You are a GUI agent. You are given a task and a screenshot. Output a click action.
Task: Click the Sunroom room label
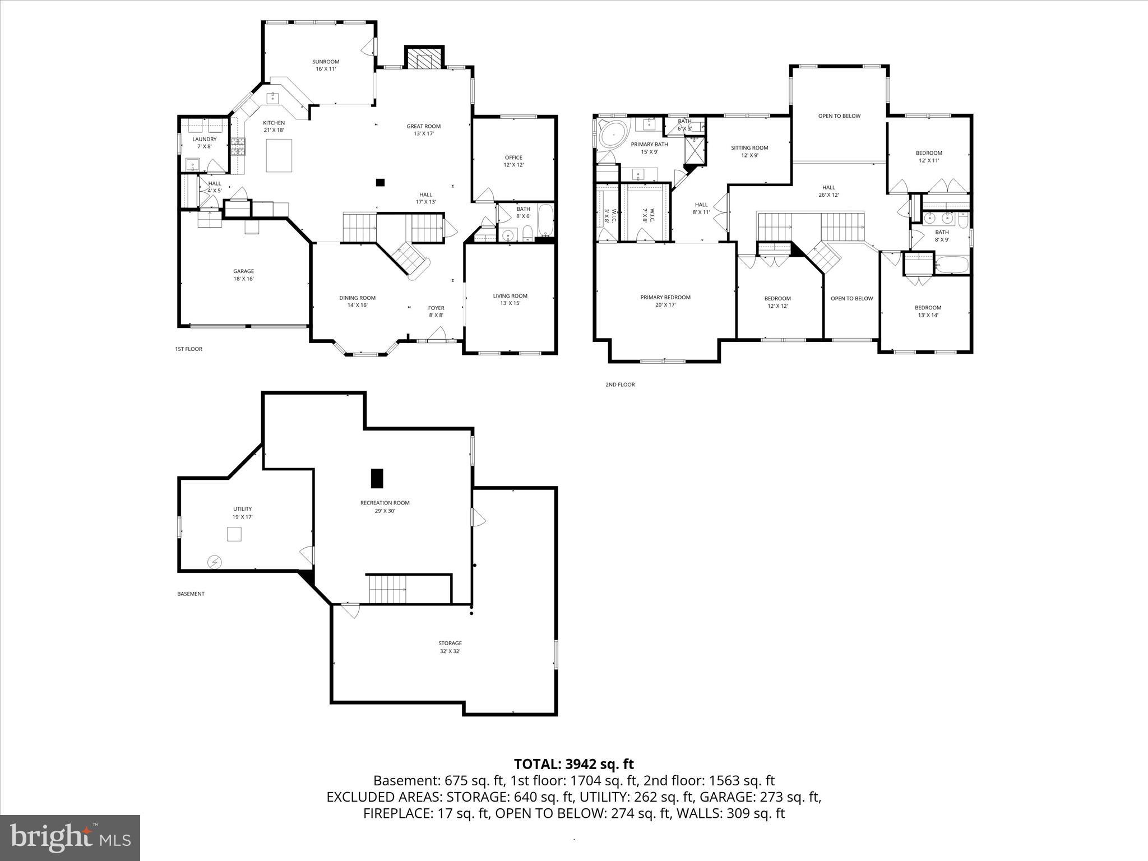[326, 62]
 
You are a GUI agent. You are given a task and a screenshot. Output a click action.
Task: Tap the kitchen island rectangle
[279, 155]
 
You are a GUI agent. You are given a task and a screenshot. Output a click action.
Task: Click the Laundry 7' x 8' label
[204, 143]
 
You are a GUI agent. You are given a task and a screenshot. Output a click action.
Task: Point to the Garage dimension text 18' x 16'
[243, 279]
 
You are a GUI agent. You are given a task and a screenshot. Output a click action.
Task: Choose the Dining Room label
[357, 298]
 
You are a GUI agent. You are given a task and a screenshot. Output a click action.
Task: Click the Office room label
[513, 158]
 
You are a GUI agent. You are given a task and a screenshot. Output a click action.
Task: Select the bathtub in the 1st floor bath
[545, 221]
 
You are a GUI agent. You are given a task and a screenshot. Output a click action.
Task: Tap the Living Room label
[510, 296]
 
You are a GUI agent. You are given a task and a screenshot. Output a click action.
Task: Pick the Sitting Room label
[749, 148]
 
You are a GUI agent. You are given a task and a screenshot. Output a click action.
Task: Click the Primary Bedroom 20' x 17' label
[665, 301]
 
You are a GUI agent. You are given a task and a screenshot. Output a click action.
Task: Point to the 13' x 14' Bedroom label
[928, 311]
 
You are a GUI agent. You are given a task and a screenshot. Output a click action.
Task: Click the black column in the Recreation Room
[377, 478]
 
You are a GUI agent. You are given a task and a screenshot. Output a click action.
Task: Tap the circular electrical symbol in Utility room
[214, 561]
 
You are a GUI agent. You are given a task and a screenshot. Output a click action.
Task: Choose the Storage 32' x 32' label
[450, 647]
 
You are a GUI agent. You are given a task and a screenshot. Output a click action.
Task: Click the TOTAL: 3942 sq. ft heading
[573, 763]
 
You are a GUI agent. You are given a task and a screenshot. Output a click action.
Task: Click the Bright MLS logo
[70, 838]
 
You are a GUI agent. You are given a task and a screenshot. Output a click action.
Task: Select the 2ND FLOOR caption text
[619, 385]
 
